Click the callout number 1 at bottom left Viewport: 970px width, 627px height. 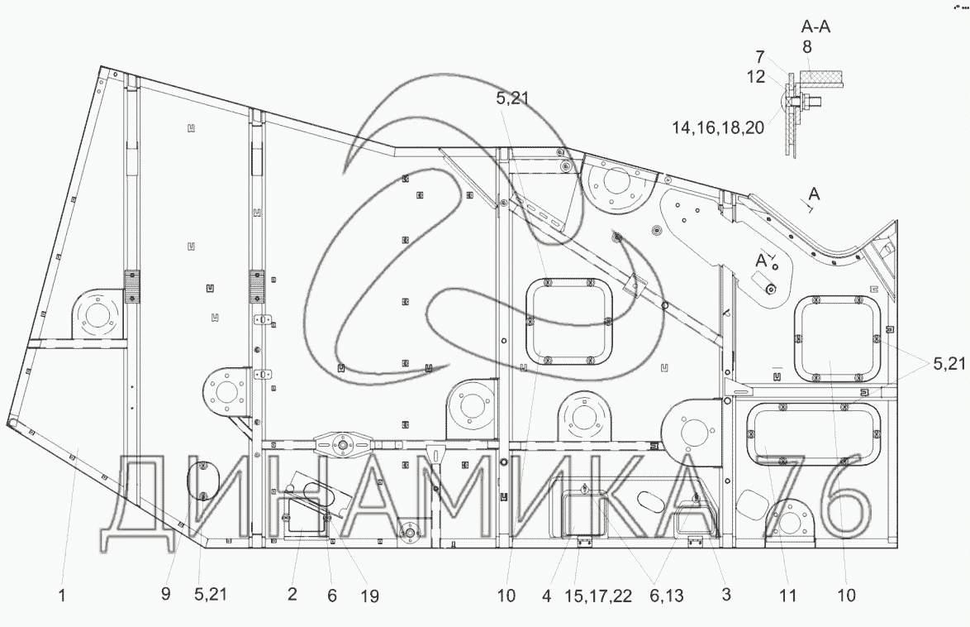(62, 596)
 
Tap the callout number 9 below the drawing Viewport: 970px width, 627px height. (166, 594)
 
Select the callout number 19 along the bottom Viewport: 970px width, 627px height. (369, 596)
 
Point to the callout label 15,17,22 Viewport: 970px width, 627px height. (598, 596)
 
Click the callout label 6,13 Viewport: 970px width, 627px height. (666, 596)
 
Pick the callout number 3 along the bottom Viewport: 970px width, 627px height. (726, 595)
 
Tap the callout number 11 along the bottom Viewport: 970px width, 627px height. (787, 596)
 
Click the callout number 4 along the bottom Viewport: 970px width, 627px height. (546, 596)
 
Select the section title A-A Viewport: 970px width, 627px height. (815, 26)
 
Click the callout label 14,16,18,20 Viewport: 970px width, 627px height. (718, 127)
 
